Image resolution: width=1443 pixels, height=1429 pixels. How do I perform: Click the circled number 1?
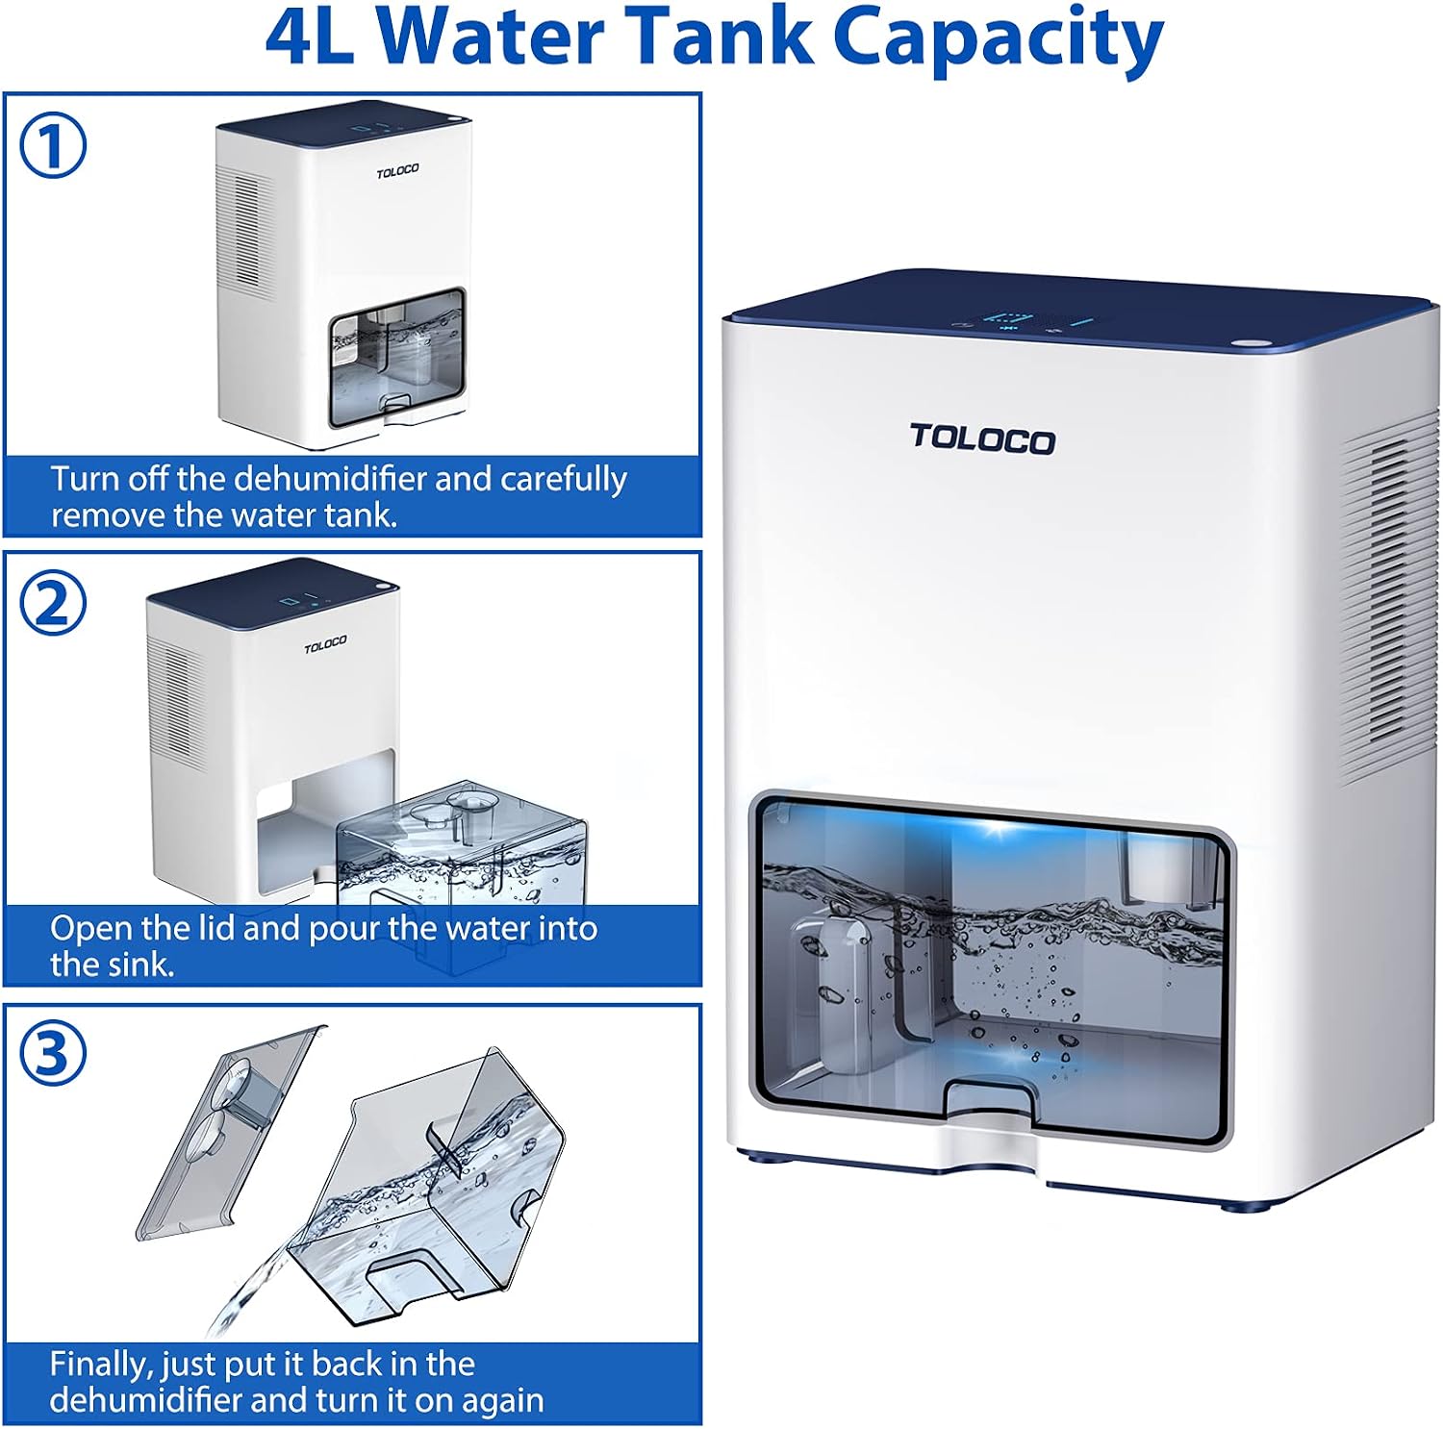pyautogui.click(x=53, y=146)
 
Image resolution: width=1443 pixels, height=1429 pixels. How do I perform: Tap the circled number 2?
pyautogui.click(x=53, y=603)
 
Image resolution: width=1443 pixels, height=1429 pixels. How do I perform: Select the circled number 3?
pyautogui.click(x=53, y=1053)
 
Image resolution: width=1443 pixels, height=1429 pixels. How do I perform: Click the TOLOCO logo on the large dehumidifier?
pyautogui.click(x=982, y=439)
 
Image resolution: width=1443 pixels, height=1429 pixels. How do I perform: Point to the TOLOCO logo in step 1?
pyautogui.click(x=397, y=171)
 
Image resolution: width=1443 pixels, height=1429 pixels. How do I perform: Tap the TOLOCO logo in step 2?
pyautogui.click(x=325, y=643)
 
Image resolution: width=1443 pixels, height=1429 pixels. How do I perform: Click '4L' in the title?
pyautogui.click(x=310, y=38)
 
